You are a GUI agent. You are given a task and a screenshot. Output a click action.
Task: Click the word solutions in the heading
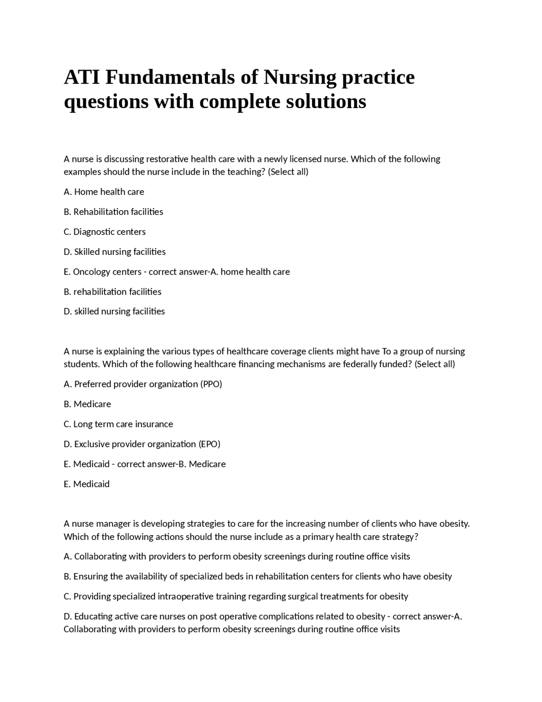click(326, 102)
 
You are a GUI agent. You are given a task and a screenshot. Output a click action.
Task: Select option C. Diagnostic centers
click(105, 232)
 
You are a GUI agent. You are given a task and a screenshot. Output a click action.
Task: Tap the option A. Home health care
click(104, 192)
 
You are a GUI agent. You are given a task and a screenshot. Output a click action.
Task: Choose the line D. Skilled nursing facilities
click(114, 252)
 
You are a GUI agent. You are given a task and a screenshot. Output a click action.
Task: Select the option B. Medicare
click(87, 404)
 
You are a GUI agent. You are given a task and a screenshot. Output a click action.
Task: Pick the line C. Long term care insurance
click(118, 424)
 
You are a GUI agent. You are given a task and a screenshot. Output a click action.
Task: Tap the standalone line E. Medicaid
click(86, 484)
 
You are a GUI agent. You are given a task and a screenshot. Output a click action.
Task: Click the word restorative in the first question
click(167, 159)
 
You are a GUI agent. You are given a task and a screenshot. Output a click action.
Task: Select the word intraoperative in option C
click(185, 596)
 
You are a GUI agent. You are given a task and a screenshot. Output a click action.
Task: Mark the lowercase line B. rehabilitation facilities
click(112, 292)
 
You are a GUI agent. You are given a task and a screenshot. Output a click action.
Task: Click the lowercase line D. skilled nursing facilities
click(114, 312)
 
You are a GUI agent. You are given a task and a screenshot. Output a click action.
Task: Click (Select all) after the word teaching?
click(288, 172)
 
